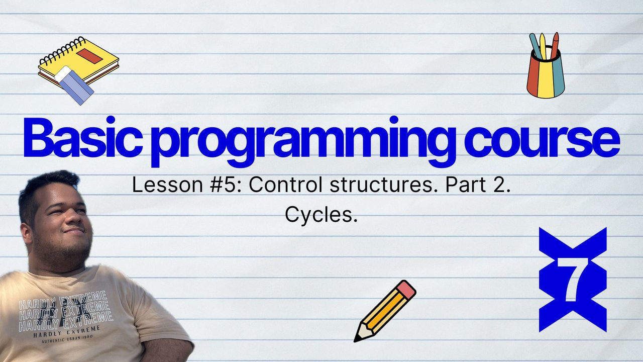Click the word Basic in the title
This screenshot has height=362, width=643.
[x=83, y=137]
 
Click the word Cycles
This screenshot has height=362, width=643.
[x=321, y=216]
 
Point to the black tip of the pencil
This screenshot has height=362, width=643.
[x=357, y=339]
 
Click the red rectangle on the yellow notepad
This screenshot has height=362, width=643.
[x=89, y=56]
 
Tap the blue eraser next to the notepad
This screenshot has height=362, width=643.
[x=74, y=85]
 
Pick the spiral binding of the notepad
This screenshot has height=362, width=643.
[x=62, y=50]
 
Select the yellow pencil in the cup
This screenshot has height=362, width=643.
[x=543, y=46]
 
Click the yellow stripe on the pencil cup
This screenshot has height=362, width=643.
[x=545, y=79]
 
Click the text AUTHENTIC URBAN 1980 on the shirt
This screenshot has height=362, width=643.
[x=67, y=339]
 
